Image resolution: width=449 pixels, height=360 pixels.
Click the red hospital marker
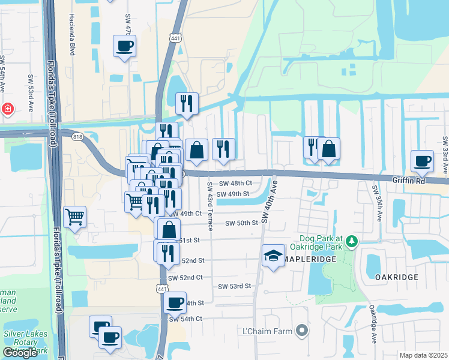tap(7, 109)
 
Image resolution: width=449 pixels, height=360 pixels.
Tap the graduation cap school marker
tap(273, 256)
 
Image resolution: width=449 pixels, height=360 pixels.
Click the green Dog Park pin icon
tap(352, 242)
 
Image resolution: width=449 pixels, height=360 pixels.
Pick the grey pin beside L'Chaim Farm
tap(303, 331)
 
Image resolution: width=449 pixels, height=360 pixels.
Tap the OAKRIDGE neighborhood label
tap(396, 277)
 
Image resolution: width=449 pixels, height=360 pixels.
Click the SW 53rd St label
tap(234, 287)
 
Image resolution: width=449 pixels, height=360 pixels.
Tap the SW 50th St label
tap(241, 223)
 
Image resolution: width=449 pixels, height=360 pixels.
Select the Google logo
tap(20, 353)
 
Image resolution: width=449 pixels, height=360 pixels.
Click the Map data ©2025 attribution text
tap(423, 355)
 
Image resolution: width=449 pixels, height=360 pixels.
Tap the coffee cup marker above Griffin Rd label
tap(421, 161)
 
